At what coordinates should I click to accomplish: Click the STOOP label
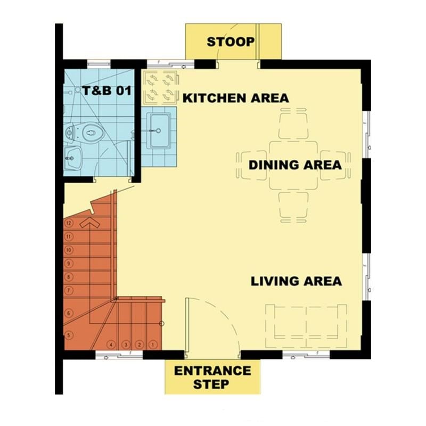click(231, 42)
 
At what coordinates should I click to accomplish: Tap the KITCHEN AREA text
click(235, 98)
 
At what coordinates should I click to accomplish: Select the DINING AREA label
click(295, 165)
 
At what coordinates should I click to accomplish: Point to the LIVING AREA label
click(296, 281)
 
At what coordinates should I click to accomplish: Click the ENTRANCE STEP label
click(212, 378)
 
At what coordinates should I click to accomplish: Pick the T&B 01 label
click(107, 91)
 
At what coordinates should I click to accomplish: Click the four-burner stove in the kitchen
click(161, 88)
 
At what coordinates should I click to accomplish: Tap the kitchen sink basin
click(159, 130)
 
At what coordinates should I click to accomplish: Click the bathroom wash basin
click(72, 158)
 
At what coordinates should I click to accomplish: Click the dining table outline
click(293, 165)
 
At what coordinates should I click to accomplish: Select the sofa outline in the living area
click(306, 326)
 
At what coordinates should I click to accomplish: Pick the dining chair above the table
click(293, 124)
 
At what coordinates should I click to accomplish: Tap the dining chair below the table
click(293, 207)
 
